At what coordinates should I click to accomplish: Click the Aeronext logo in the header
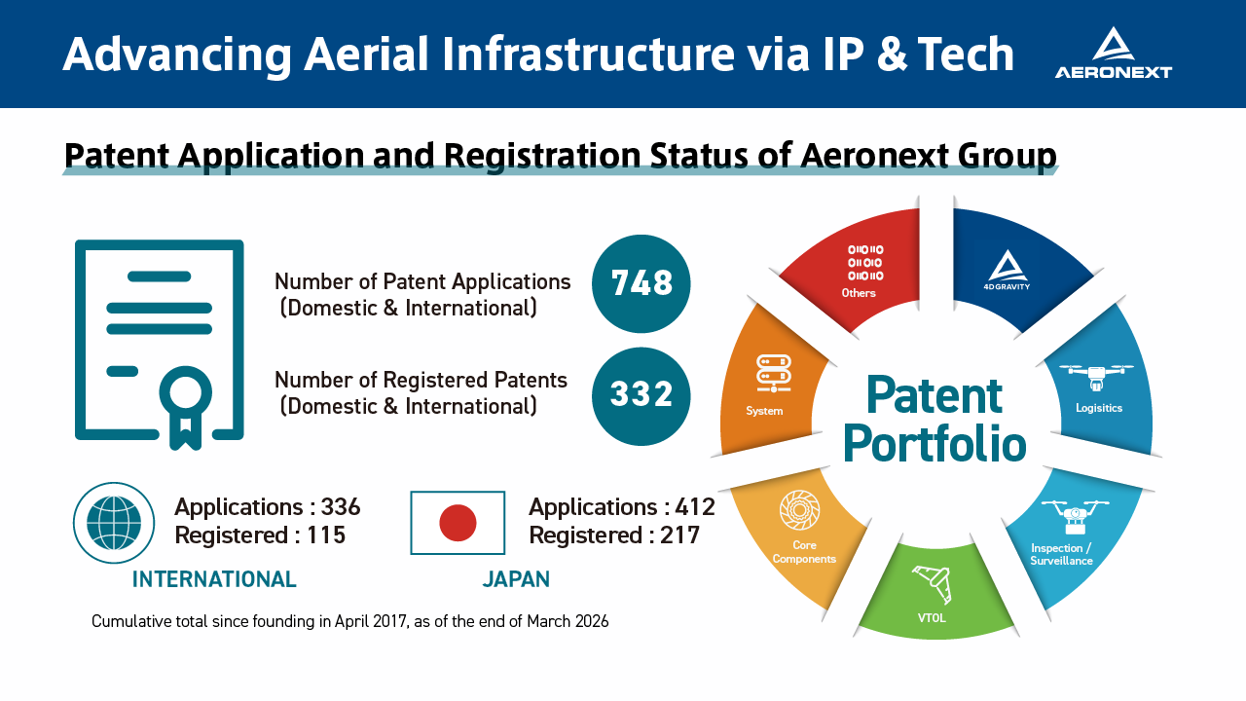[1113, 53]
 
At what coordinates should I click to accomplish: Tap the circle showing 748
[641, 283]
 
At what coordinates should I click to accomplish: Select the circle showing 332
[641, 396]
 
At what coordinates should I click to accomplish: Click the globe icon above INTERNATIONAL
[114, 523]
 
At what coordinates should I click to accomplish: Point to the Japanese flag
[458, 523]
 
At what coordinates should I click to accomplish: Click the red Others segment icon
[865, 263]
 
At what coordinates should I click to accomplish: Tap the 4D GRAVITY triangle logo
[1008, 266]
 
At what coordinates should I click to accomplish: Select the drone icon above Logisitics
[1096, 377]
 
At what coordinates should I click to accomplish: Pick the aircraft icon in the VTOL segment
[932, 584]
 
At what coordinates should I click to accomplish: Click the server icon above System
[773, 373]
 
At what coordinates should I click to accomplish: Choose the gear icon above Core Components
[799, 509]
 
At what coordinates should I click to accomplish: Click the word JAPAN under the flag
[516, 579]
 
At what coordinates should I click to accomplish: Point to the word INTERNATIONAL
[214, 579]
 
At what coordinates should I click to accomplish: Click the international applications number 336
[341, 507]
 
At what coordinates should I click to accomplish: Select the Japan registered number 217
[679, 535]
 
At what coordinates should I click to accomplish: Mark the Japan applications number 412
[695, 507]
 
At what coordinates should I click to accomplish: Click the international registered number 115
[326, 535]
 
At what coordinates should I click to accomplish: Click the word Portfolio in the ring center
[934, 445]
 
